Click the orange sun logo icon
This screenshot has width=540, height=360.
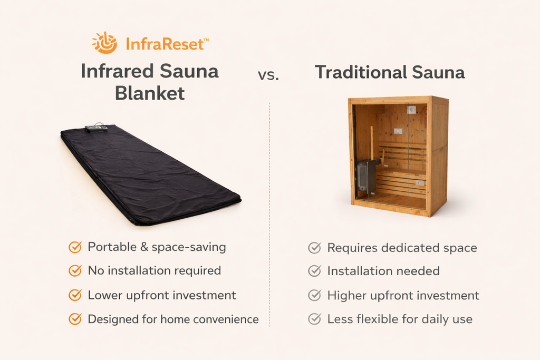[104, 43]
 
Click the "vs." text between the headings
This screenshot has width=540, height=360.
[268, 75]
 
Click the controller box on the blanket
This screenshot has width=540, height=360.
[97, 128]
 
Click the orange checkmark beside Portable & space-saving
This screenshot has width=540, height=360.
[75, 247]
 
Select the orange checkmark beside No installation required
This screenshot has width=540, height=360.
[75, 271]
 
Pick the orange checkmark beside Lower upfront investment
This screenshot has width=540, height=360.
[75, 295]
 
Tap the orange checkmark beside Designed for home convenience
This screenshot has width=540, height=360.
[75, 319]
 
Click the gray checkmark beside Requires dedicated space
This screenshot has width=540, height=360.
[314, 247]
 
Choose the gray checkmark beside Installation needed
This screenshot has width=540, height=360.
[314, 271]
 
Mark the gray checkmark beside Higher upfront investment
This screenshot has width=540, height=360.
[314, 295]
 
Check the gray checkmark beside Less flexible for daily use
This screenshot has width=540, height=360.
[314, 319]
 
